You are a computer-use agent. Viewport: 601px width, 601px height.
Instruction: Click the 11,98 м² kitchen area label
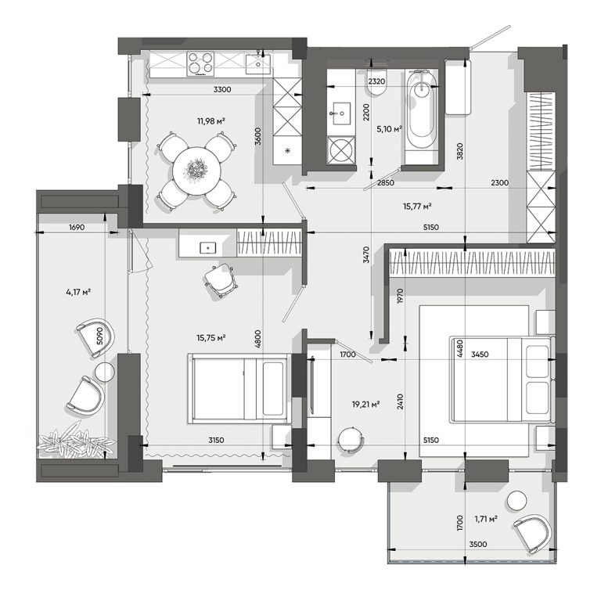point(211,121)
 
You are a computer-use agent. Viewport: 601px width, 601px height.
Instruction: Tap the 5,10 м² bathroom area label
point(389,129)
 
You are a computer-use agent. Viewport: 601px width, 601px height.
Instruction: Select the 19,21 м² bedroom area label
point(365,404)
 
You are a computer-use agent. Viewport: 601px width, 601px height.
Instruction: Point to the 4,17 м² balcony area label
point(78,292)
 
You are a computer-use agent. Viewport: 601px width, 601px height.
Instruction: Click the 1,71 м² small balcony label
point(486,519)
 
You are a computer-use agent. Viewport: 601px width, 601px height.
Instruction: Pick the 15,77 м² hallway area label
point(417,207)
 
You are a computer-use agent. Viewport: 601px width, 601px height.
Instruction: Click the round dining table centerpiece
point(196,169)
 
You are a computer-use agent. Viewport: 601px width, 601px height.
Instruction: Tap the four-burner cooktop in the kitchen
point(200,64)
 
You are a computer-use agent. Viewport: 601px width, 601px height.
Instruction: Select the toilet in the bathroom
point(376,82)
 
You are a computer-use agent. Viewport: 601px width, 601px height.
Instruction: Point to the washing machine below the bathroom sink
point(341,150)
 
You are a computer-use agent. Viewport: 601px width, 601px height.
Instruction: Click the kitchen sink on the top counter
point(257,64)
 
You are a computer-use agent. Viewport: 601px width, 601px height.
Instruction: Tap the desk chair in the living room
point(221,280)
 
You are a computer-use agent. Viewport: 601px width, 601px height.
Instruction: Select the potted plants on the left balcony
point(75,443)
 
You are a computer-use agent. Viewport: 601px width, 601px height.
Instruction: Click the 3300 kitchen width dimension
point(222,90)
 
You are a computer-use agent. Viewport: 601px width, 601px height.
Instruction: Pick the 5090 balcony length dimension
point(100,336)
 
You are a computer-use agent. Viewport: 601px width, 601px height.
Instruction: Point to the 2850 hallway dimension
point(385,183)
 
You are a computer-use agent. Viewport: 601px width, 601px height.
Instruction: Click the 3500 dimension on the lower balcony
point(478,545)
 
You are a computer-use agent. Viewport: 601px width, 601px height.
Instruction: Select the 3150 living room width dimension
point(216,441)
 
